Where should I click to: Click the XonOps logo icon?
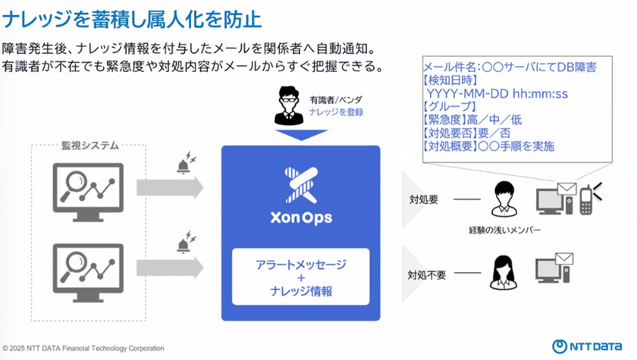pos(301,185)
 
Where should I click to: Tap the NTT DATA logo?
pos(587,346)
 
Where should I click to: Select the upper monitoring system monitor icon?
pos(88,192)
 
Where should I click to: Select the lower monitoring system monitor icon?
pos(88,272)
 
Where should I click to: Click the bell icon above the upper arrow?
pos(186,163)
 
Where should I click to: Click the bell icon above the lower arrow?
pos(186,243)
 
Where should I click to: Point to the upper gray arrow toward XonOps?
pos(170,187)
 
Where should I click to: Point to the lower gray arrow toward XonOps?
pos(170,268)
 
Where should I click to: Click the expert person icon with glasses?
pos(289,105)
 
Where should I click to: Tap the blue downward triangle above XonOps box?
pos(302,135)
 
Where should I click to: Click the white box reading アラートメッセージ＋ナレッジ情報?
pos(300,277)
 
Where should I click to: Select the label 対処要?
pos(424,199)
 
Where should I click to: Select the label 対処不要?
pos(426,275)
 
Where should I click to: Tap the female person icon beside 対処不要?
pos(503,272)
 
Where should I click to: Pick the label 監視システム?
pos(89,146)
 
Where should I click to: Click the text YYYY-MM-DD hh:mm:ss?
pos(497,94)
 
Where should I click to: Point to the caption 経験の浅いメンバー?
pos(504,230)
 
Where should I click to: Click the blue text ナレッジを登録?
pos(336,112)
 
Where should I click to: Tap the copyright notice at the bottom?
pos(83,348)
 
